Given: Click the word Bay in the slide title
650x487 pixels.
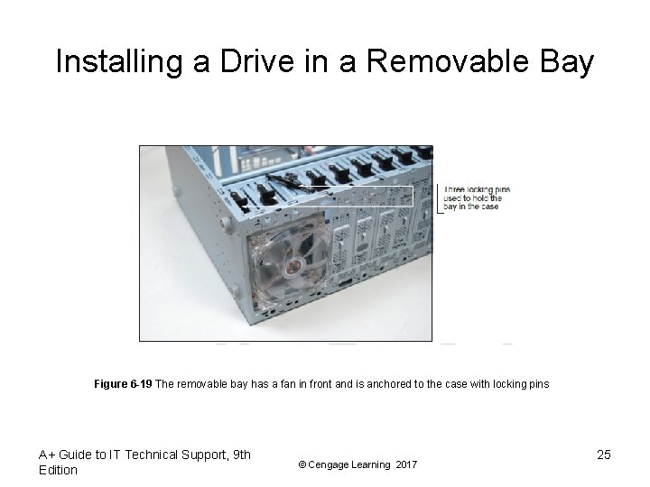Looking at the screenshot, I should [x=564, y=61].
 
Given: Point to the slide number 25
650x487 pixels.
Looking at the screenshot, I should [x=604, y=455].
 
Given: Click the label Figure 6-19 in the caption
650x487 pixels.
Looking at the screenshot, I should [x=123, y=384].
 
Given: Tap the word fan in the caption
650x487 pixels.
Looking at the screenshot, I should [x=288, y=384].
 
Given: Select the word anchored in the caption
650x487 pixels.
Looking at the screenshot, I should [x=373, y=384].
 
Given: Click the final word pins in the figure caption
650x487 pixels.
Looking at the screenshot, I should [x=539, y=384].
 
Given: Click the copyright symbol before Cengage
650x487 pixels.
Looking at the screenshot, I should [x=302, y=464].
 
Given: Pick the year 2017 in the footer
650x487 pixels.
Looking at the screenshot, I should [x=406, y=464].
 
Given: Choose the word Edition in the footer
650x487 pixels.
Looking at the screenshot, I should [x=59, y=470].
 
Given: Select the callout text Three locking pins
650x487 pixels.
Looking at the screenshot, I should [x=477, y=189].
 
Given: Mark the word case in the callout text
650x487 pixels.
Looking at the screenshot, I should [x=488, y=207].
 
